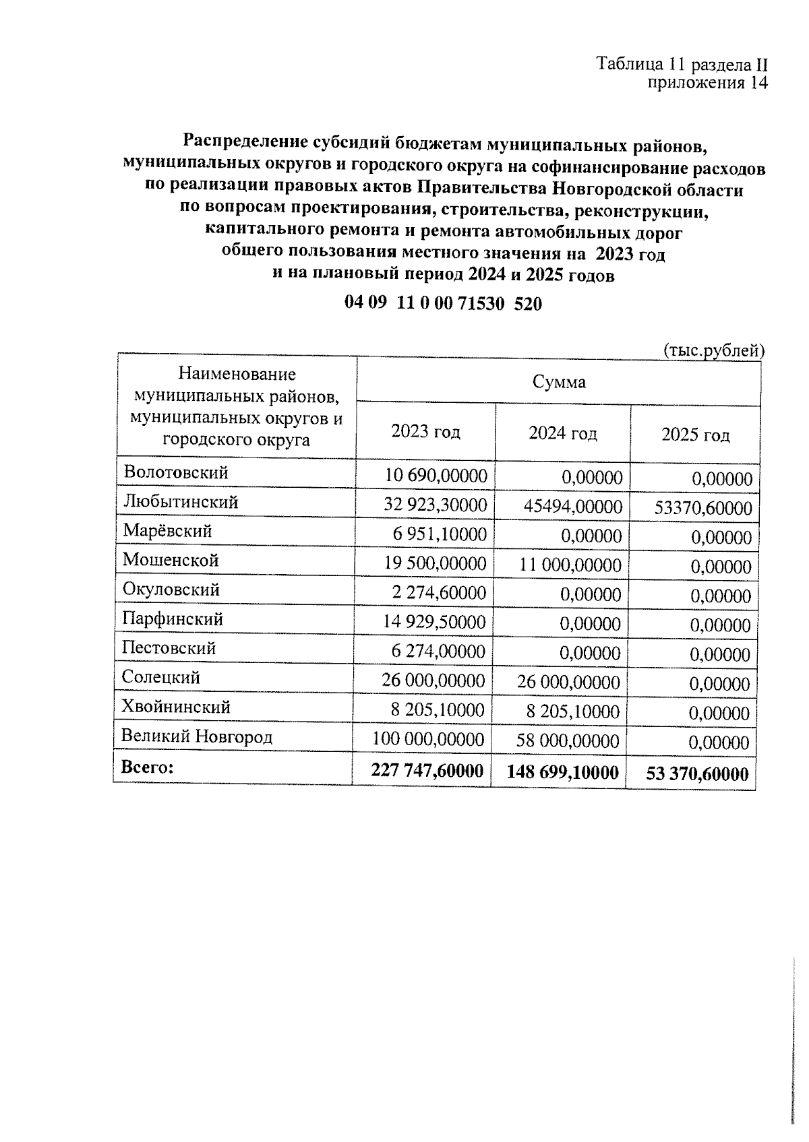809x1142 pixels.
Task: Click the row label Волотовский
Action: pos(176,472)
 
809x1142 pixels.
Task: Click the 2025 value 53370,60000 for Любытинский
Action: pos(703,509)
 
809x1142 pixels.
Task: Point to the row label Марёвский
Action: pos(167,531)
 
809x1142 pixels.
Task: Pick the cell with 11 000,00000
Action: pos(570,565)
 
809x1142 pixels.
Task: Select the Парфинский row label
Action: pos(173,618)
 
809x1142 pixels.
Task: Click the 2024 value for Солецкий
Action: pos(568,682)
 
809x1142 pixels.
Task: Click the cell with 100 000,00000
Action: pos(428,740)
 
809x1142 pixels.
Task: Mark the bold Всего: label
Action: pos(147,767)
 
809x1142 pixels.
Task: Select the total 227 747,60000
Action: pos(427,771)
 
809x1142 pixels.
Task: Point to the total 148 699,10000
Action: pos(562,773)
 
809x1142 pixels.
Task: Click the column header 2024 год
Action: pos(562,433)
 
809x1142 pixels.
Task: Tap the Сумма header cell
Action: pos(559,382)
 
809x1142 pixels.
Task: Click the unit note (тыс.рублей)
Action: pos(714,350)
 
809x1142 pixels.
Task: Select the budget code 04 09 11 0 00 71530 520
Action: pos(443,304)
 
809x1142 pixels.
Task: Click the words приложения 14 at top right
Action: pos(707,83)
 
